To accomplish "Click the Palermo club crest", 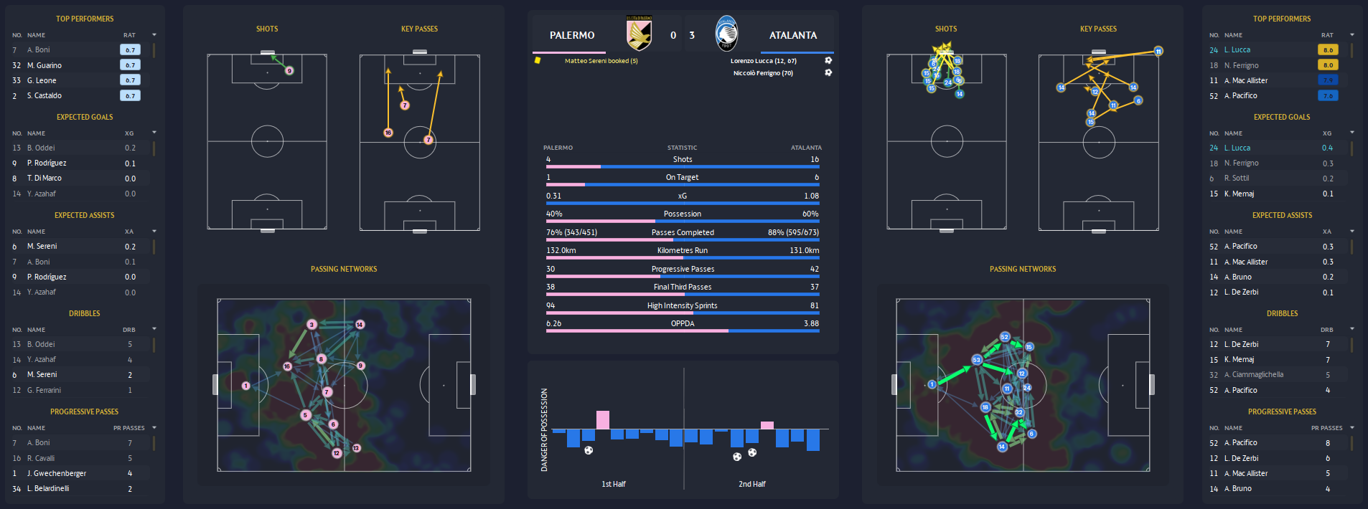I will pyautogui.click(x=639, y=34).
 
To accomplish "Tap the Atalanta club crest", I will pyautogui.click(x=726, y=34).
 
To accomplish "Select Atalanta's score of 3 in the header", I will pyautogui.click(x=692, y=35).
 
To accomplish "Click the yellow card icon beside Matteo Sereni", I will pyautogui.click(x=537, y=61).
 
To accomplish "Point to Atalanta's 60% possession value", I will pyautogui.click(x=810, y=214).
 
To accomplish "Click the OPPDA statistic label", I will pyautogui.click(x=683, y=323).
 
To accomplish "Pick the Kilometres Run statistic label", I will pyautogui.click(x=683, y=250).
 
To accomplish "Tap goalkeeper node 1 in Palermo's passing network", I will pyautogui.click(x=245, y=386).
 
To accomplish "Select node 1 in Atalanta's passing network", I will pyautogui.click(x=932, y=384).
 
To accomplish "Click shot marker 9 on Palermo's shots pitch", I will pyautogui.click(x=289, y=70).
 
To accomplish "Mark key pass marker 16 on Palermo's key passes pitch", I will pyautogui.click(x=388, y=133).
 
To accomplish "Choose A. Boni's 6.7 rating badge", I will pyautogui.click(x=130, y=50).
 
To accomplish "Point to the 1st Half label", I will pyautogui.click(x=614, y=484).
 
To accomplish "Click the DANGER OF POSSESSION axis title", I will pyautogui.click(x=544, y=429).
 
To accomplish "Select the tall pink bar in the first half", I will pyautogui.click(x=603, y=420).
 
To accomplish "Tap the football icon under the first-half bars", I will pyautogui.click(x=589, y=450).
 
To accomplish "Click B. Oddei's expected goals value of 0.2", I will pyautogui.click(x=130, y=148).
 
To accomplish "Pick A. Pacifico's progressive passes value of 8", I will pyautogui.click(x=1327, y=443).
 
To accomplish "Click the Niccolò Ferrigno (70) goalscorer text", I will pyautogui.click(x=763, y=73).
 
